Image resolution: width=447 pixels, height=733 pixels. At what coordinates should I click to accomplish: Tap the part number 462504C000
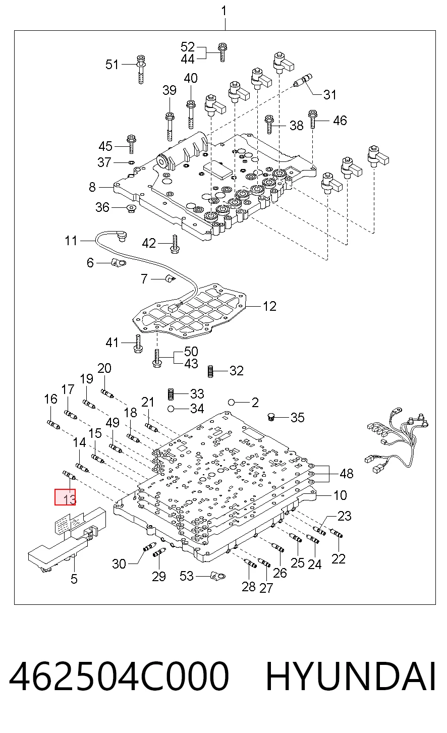click(x=119, y=675)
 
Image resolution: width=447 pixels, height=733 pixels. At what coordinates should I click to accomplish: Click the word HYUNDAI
click(x=351, y=676)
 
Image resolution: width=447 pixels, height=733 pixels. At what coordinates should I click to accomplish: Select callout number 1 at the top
click(x=224, y=11)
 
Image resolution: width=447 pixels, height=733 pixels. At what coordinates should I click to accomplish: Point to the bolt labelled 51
click(x=141, y=69)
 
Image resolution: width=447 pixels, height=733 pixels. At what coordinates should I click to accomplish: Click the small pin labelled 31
click(x=303, y=81)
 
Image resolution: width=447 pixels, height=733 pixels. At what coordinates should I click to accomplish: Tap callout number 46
click(x=340, y=121)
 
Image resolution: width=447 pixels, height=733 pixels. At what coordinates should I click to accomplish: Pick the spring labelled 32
click(x=210, y=371)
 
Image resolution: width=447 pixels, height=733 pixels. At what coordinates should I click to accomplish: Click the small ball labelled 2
click(x=232, y=402)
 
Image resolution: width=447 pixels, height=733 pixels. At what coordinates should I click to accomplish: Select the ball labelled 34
click(x=170, y=409)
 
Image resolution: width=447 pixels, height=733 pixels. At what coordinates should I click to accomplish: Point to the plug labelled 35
click(x=271, y=417)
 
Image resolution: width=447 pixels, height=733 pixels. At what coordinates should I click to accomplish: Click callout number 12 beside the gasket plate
click(x=269, y=306)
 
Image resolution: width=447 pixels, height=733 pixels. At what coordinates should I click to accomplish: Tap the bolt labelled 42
click(x=175, y=245)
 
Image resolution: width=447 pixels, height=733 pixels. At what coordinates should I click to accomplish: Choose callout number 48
click(x=347, y=474)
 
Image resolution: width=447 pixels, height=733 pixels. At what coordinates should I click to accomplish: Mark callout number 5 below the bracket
click(x=74, y=579)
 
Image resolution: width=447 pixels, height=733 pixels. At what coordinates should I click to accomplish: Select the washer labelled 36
click(x=132, y=208)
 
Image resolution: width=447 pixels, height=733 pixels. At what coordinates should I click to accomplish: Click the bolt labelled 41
click(x=138, y=344)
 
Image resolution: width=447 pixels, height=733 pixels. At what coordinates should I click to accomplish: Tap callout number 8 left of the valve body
click(x=92, y=187)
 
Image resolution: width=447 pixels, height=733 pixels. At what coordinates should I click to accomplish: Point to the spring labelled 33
click(x=170, y=393)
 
